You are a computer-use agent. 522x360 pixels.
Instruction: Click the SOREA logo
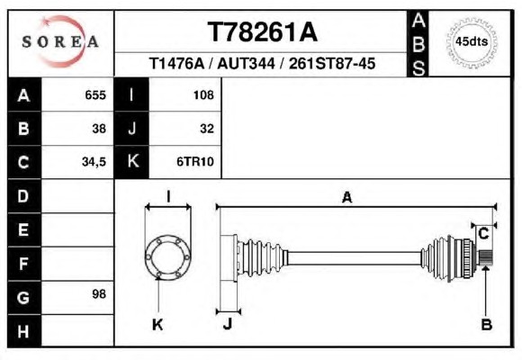[x=60, y=41]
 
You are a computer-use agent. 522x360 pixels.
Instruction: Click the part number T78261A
[x=263, y=32]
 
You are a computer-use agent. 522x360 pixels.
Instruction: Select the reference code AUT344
[x=246, y=63]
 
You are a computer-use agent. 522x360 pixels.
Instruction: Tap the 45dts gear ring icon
[x=472, y=43]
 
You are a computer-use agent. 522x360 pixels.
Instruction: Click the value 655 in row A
[x=95, y=95]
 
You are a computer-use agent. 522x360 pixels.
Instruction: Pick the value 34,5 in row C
[x=94, y=162]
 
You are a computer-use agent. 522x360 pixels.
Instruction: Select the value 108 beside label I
[x=203, y=95]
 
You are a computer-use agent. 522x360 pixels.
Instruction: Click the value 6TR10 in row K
[x=195, y=162]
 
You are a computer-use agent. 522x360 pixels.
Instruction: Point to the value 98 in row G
[x=99, y=294]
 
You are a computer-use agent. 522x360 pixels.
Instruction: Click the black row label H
[x=24, y=331]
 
